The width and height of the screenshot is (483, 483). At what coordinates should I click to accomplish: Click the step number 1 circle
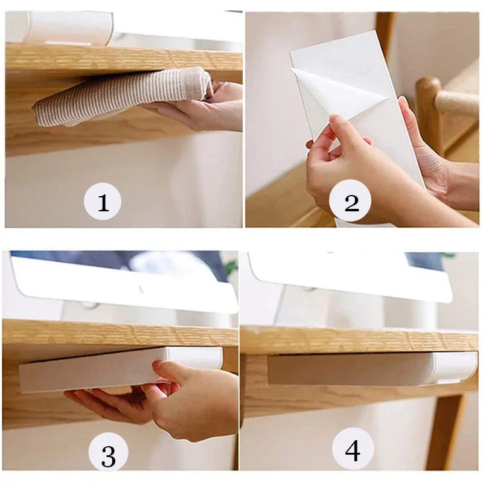[103, 201]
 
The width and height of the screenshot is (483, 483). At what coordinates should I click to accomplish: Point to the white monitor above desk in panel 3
[121, 284]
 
